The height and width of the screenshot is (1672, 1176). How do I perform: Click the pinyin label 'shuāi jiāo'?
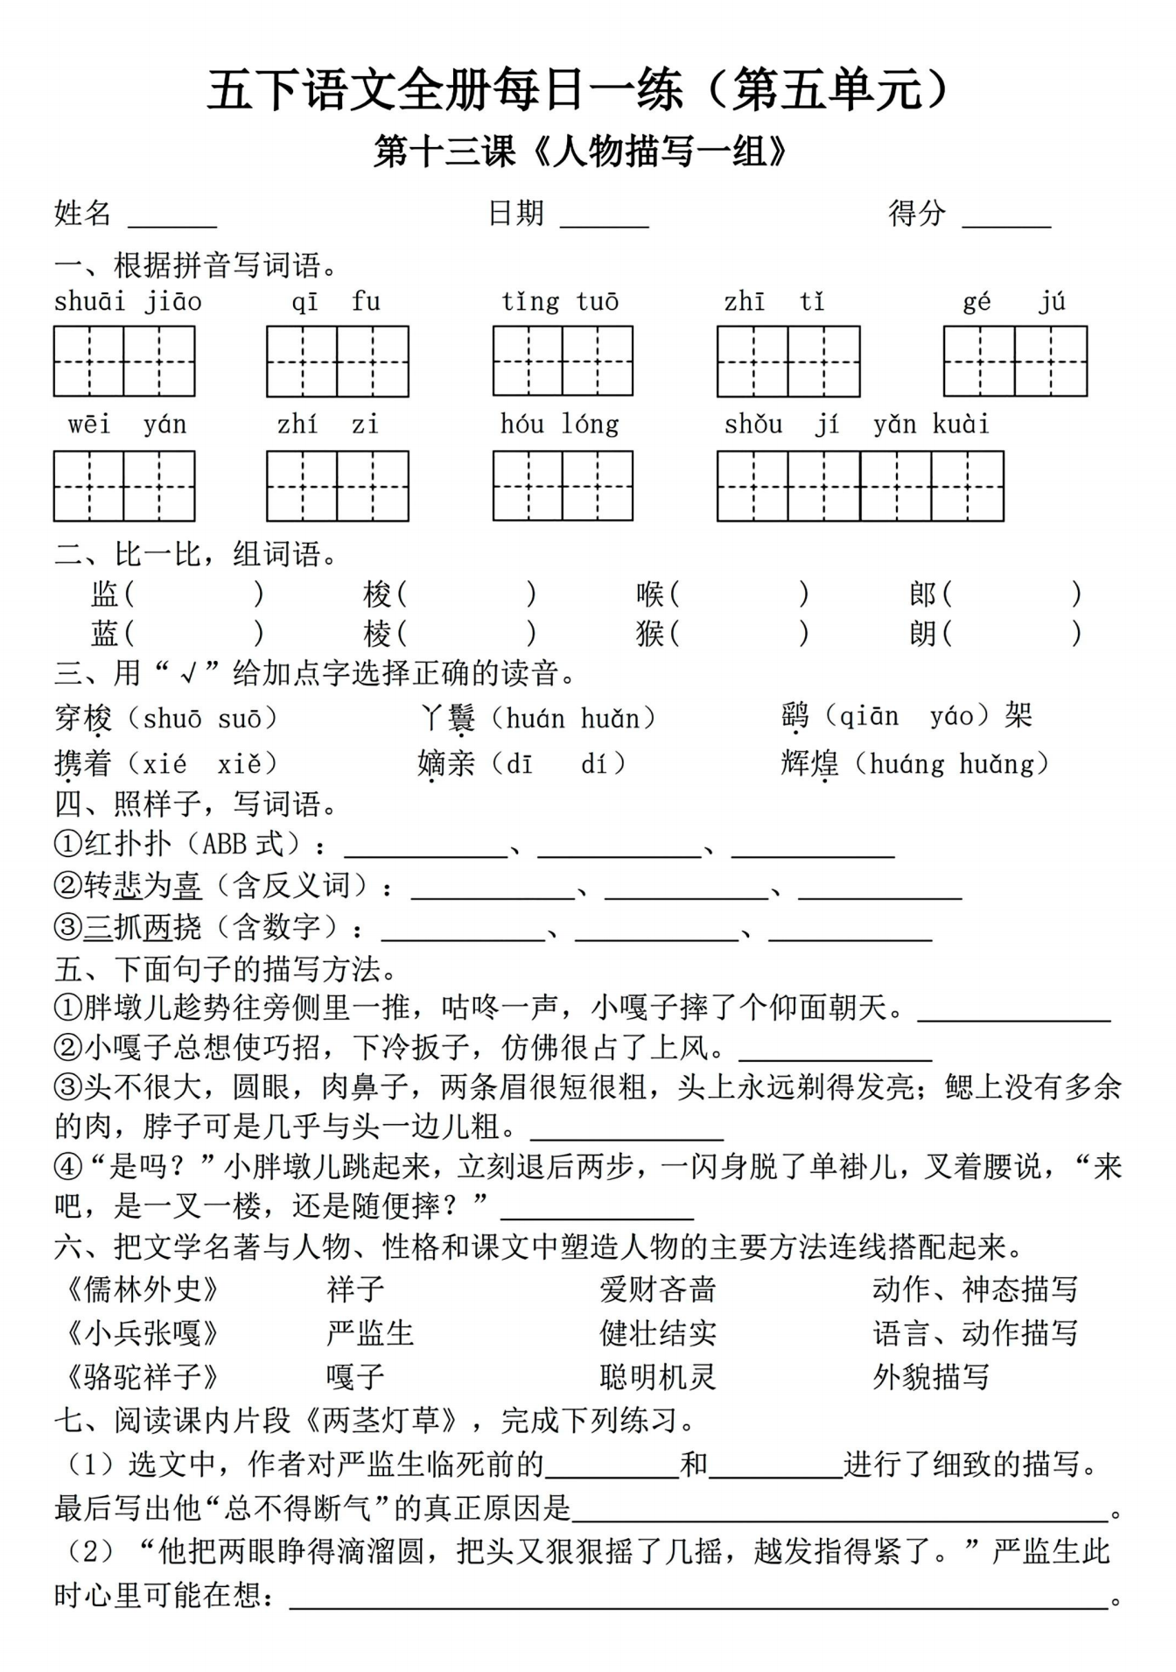coord(128,302)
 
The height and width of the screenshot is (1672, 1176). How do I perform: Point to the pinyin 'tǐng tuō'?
coord(560,302)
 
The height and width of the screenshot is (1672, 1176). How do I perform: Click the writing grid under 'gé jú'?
coord(1015,362)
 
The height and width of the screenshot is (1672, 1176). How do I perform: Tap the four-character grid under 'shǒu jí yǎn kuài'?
coord(860,486)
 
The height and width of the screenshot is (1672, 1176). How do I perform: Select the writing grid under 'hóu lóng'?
coord(563,486)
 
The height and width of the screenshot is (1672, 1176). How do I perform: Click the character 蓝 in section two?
coord(104,633)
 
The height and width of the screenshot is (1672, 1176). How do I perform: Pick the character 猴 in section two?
coord(650,633)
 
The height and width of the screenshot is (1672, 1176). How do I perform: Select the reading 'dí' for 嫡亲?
coord(593,764)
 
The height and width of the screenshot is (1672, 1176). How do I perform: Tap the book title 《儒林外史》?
coord(143,1289)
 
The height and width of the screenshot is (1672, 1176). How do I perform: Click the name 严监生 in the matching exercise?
coord(370,1333)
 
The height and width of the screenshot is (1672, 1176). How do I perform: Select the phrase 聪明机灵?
coord(658,1377)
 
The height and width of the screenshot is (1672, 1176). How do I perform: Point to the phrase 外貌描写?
coord(931,1377)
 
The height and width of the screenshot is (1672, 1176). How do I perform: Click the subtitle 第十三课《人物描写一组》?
coord(582,152)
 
